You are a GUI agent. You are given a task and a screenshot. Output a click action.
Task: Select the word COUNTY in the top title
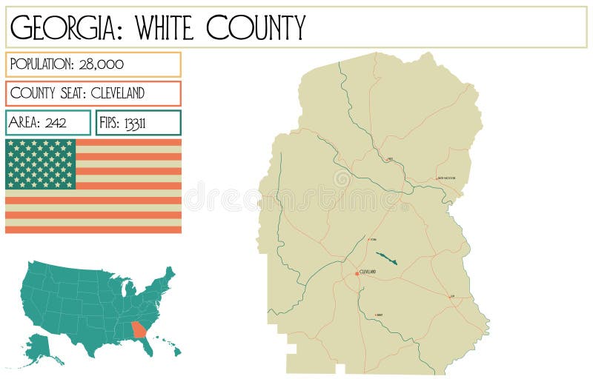(x=255, y=28)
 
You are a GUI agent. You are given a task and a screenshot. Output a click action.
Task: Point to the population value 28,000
(x=100, y=64)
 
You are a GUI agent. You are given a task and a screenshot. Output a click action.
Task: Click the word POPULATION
(x=42, y=64)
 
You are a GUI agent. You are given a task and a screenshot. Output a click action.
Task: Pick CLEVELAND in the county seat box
(x=118, y=93)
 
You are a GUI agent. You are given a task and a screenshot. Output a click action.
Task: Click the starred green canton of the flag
(x=41, y=164)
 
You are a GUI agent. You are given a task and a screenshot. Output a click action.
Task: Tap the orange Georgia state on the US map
(x=139, y=329)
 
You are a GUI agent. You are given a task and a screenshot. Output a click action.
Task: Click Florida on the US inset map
(x=148, y=344)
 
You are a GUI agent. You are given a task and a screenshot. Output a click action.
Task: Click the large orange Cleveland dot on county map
(x=357, y=273)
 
